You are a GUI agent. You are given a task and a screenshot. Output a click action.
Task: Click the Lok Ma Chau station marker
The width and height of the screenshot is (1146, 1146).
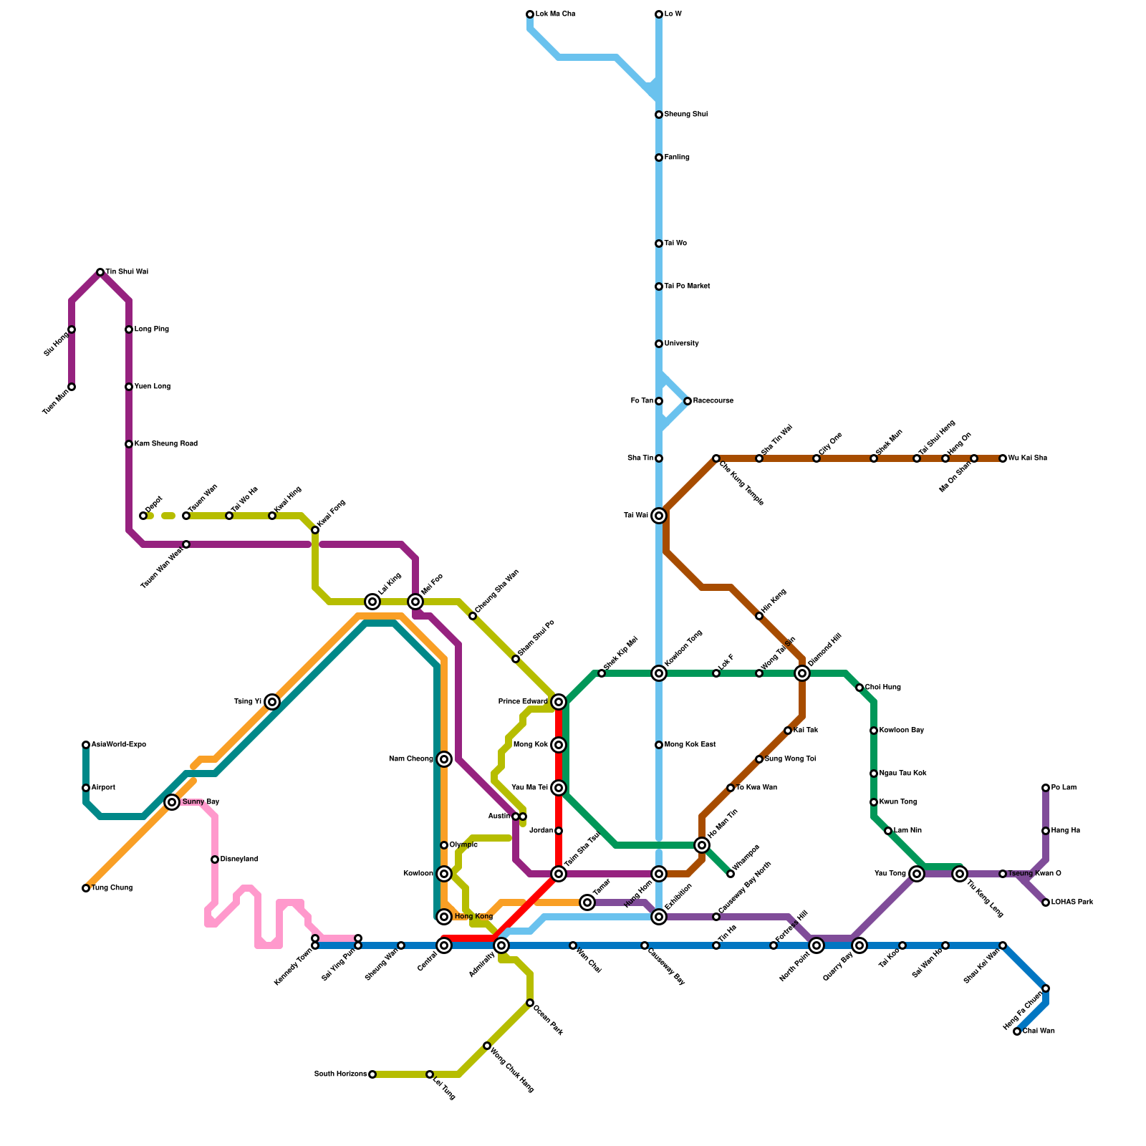(x=530, y=14)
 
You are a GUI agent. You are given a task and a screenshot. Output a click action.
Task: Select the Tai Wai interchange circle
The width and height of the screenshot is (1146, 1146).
(x=659, y=516)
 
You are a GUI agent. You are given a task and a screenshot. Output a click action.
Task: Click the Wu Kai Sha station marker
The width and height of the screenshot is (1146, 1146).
(x=1003, y=458)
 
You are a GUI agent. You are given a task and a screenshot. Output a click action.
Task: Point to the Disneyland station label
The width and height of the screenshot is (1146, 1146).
(x=239, y=860)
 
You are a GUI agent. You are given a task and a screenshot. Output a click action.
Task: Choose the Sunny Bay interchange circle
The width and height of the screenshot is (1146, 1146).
(x=172, y=802)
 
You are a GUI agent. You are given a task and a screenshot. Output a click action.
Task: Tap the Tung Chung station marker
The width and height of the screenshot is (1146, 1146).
(x=86, y=888)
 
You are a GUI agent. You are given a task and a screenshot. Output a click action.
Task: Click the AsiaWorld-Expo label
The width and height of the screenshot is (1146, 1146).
(x=119, y=745)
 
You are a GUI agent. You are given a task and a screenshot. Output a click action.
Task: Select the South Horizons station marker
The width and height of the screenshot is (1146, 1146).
(x=372, y=1074)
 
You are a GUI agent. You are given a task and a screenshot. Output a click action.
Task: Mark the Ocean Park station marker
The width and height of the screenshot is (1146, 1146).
(x=530, y=1003)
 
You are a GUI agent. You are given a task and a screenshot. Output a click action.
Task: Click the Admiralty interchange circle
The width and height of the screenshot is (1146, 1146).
(x=501, y=945)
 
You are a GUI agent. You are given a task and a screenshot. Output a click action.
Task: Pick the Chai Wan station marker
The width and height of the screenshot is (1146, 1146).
(x=1017, y=1031)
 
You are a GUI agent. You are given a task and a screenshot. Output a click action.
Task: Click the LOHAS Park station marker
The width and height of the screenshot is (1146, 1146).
(x=1046, y=902)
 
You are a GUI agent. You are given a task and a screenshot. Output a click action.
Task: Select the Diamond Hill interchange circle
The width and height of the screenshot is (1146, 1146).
(x=802, y=673)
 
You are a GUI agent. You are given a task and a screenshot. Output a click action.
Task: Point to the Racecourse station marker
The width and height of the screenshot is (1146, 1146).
(x=688, y=401)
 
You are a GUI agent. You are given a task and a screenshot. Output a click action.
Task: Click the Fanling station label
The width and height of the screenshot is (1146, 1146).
(x=677, y=158)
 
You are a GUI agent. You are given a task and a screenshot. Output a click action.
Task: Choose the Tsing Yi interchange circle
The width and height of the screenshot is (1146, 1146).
(x=272, y=702)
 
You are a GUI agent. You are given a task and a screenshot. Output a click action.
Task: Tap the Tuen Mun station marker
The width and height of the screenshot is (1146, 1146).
(x=72, y=387)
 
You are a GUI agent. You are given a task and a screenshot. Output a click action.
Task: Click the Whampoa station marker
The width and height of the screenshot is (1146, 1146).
(x=731, y=874)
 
